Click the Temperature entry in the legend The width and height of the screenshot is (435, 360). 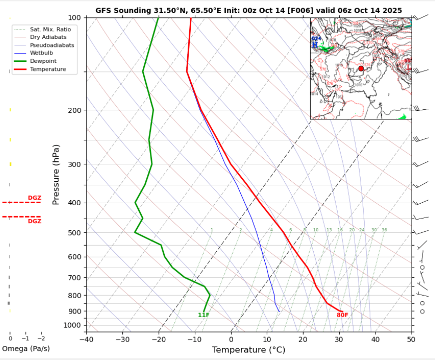click(47, 69)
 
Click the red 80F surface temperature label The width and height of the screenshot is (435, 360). click(342, 315)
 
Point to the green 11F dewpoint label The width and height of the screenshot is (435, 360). click(204, 315)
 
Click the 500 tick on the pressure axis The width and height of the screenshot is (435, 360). click(74, 233)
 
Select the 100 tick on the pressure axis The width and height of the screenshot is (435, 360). click(74, 18)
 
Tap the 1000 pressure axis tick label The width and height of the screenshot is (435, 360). click(72, 326)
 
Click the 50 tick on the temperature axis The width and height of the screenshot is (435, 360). click(411, 340)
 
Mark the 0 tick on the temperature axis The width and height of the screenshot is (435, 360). click(231, 340)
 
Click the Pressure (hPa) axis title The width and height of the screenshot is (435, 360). click(56, 174)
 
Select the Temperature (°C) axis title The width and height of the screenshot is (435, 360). click(248, 350)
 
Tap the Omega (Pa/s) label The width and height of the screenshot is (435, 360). click(26, 349)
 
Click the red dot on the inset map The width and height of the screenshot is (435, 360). click(361, 68)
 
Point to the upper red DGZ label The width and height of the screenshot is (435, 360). click(34, 198)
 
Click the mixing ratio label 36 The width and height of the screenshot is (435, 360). click(384, 230)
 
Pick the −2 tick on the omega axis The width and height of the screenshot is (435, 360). click(41, 339)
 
